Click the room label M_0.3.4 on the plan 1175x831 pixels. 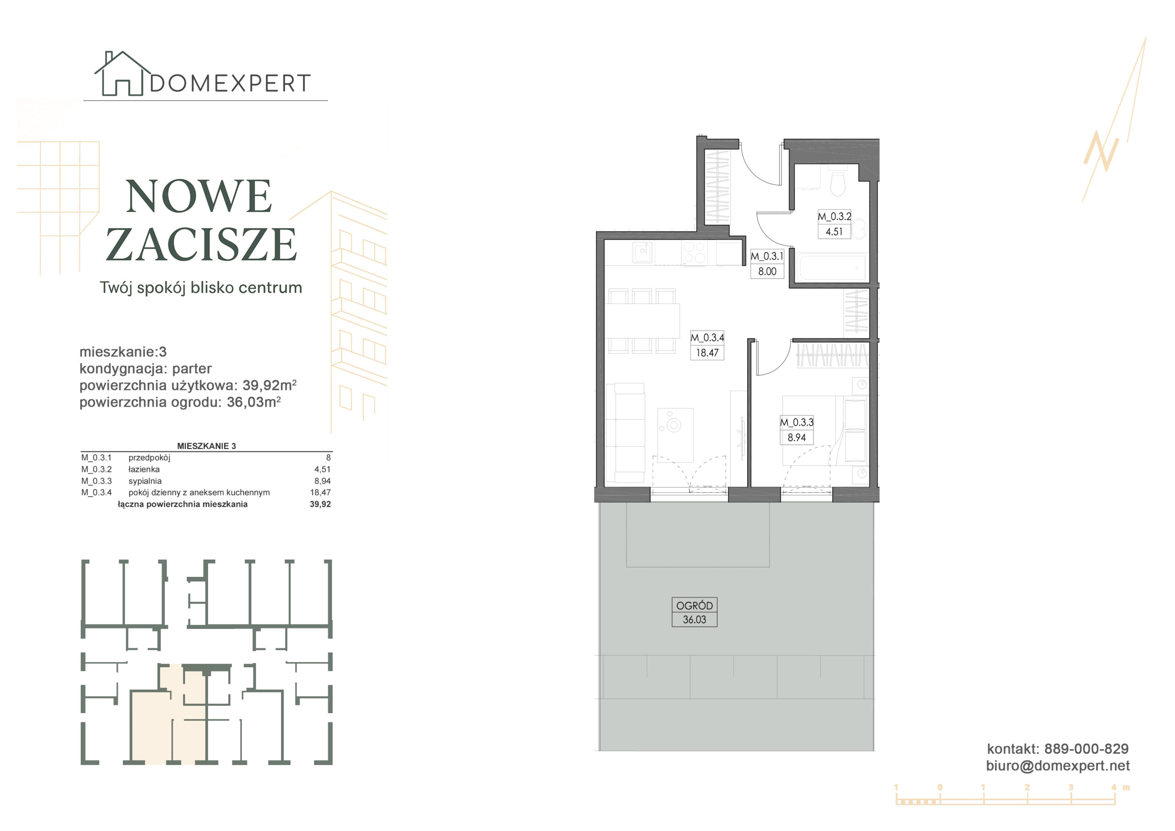pos(707,338)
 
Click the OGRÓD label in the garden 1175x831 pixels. pos(694,606)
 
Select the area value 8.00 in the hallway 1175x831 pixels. pos(767,271)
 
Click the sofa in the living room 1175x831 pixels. pos(625,433)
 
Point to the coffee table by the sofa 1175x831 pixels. pos(675,435)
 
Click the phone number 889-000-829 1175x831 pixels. pos(1086,749)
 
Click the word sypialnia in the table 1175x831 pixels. pos(145,481)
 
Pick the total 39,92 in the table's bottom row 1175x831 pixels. pos(320,504)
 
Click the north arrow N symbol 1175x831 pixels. pos(1101,152)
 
